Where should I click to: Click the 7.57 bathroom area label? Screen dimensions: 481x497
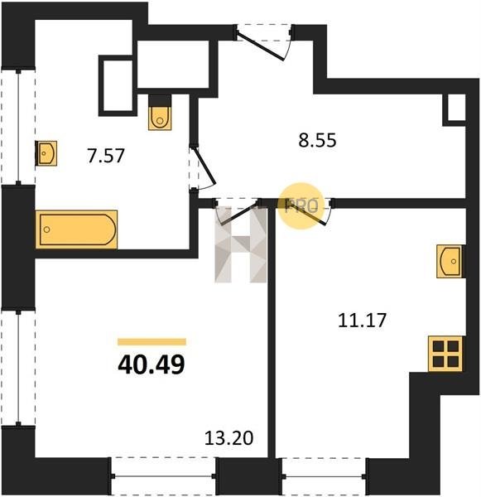click(x=106, y=156)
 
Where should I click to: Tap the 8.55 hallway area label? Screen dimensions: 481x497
click(x=317, y=140)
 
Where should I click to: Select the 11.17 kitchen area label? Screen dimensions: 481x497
click(x=362, y=320)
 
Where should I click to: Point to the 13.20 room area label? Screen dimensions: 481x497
click(x=228, y=438)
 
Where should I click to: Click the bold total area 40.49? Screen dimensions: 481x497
click(x=152, y=364)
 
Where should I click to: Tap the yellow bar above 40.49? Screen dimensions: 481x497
click(x=152, y=341)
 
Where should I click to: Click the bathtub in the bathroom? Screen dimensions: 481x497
click(x=77, y=229)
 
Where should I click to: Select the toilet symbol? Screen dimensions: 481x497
click(x=160, y=113)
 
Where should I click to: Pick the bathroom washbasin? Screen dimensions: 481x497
click(x=46, y=153)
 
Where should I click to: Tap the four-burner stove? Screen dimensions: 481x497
click(x=445, y=354)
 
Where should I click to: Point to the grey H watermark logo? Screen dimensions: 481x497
click(x=241, y=244)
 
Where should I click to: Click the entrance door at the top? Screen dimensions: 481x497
click(x=263, y=42)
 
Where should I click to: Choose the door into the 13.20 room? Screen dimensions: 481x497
click(x=237, y=211)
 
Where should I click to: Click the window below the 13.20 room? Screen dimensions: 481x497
click(x=163, y=476)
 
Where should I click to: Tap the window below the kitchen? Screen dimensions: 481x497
click(x=324, y=476)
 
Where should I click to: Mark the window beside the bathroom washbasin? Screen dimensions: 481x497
click(x=18, y=127)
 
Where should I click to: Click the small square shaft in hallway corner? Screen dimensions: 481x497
click(x=455, y=108)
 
